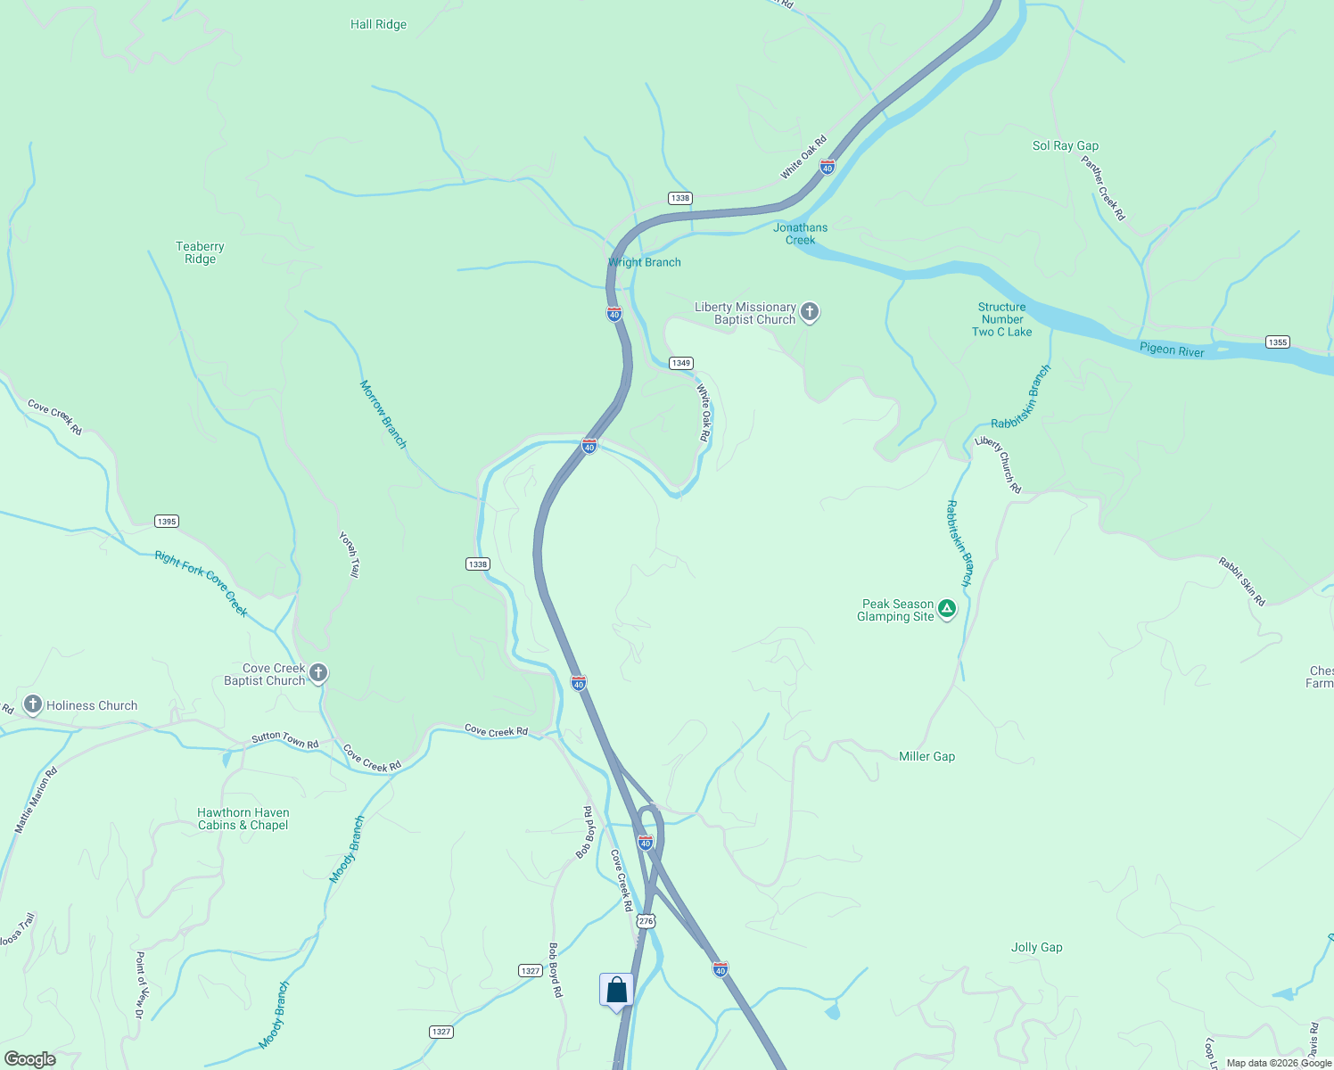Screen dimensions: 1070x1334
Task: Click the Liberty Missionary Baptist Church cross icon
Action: pos(810,312)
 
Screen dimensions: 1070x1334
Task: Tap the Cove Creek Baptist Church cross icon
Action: pos(318,673)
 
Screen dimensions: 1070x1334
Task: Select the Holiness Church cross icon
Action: pos(33,705)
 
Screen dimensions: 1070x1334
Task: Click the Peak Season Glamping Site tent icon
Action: pos(947,609)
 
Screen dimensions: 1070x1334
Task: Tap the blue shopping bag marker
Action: pos(616,991)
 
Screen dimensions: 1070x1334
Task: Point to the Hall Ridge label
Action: pos(378,25)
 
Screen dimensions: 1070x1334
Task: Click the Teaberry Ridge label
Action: pos(200,252)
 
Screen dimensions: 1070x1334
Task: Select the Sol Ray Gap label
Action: pos(1065,145)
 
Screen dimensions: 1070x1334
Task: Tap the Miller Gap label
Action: pos(926,756)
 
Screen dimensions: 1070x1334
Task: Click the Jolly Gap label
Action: pos(1036,947)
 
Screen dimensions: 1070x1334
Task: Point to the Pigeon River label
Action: pos(1172,350)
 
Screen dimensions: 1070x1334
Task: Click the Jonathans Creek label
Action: pos(800,234)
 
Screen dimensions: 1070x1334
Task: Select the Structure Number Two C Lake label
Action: pos(1001,319)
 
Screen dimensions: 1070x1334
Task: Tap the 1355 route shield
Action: pos(1277,342)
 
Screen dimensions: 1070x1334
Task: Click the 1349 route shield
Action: pos(681,363)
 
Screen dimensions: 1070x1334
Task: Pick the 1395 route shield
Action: pos(166,522)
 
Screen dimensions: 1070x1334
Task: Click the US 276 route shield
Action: pos(646,921)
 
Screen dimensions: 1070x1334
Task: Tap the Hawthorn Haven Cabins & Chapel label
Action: pos(243,819)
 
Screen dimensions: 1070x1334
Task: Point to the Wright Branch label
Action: pos(645,262)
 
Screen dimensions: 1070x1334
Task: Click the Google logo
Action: pos(29,1059)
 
